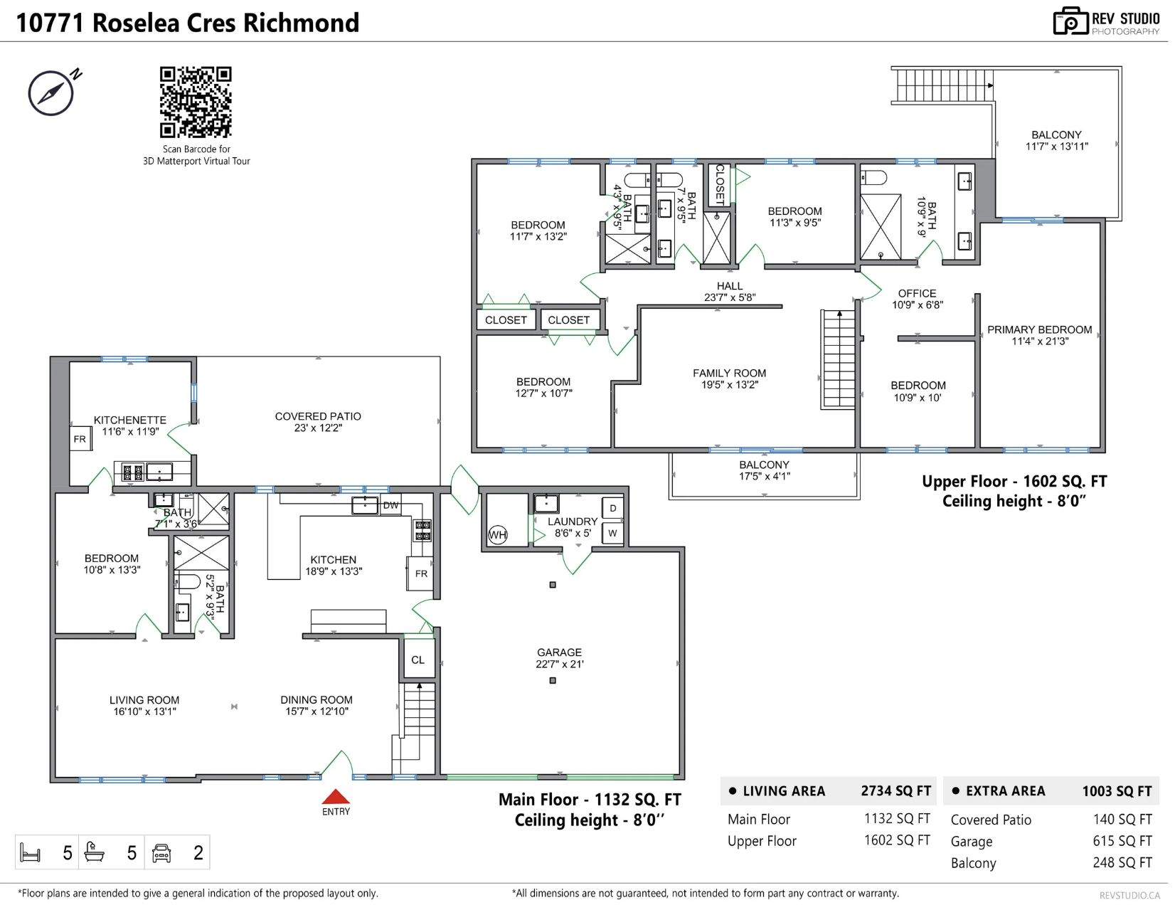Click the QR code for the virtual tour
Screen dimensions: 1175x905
tap(196, 102)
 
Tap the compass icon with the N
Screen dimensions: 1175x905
tap(52, 92)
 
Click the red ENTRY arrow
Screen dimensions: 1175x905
tap(336, 796)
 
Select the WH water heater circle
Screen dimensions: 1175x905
tap(497, 535)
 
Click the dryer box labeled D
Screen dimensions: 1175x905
tap(612, 508)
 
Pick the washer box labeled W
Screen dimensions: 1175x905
tap(612, 533)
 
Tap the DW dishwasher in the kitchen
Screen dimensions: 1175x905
tap(390, 506)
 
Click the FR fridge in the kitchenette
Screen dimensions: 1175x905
tap(80, 439)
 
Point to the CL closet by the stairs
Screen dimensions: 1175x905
tap(418, 660)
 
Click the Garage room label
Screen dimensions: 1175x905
tap(559, 652)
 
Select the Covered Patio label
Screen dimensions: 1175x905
tap(318, 416)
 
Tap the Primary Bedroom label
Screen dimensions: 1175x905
tap(1040, 330)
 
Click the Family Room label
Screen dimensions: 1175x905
tap(730, 373)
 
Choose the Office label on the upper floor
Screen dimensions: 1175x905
tap(917, 294)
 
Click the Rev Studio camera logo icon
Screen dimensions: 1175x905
tap(1070, 21)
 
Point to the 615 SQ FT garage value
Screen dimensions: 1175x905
tap(1122, 841)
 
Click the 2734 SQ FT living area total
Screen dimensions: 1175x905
tap(896, 791)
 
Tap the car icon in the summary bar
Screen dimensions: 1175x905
tap(161, 853)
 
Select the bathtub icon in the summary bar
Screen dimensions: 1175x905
tap(95, 852)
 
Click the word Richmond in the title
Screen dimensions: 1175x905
tap(301, 23)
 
